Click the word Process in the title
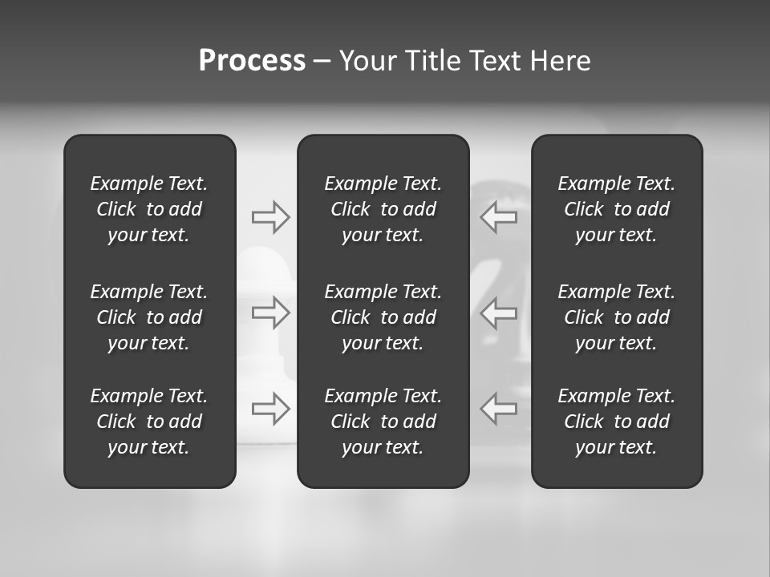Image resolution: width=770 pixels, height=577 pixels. point(252,61)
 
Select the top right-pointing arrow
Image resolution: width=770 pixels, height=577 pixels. point(271,217)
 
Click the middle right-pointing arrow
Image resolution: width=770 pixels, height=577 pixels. point(271,313)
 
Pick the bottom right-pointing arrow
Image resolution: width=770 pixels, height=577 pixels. point(271,409)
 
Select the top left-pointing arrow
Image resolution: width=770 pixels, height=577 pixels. point(499,217)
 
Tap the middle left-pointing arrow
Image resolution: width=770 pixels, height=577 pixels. point(499,313)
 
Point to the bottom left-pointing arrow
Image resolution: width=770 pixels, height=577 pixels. point(499,409)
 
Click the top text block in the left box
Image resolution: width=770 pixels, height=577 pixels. point(149,209)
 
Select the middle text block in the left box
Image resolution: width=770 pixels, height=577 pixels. point(149,317)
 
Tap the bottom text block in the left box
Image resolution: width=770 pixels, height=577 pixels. point(149,422)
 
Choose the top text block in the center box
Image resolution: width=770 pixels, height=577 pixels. point(383,209)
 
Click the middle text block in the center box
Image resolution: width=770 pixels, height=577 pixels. point(383,317)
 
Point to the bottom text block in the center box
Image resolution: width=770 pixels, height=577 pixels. point(383,422)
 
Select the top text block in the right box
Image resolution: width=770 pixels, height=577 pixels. point(617,209)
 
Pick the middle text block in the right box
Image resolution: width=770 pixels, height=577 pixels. point(617,317)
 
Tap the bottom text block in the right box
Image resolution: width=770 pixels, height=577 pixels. point(617,422)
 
